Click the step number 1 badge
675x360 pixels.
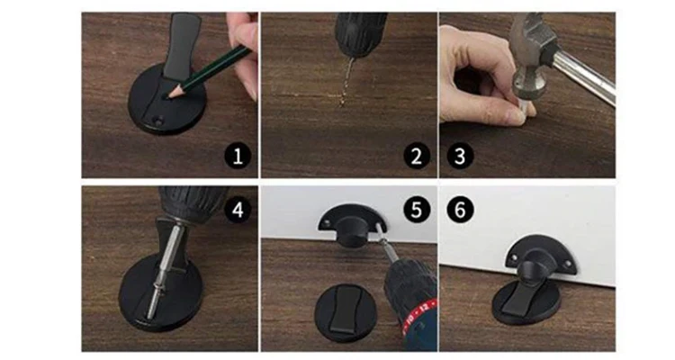238,156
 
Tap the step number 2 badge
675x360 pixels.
417,156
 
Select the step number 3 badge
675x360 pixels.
460,156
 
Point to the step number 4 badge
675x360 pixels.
238,210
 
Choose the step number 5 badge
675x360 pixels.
417,210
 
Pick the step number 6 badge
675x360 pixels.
460,210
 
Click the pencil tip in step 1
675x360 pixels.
169,97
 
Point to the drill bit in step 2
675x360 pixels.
346,82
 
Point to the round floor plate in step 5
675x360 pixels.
346,310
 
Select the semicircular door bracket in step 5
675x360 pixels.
352,219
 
